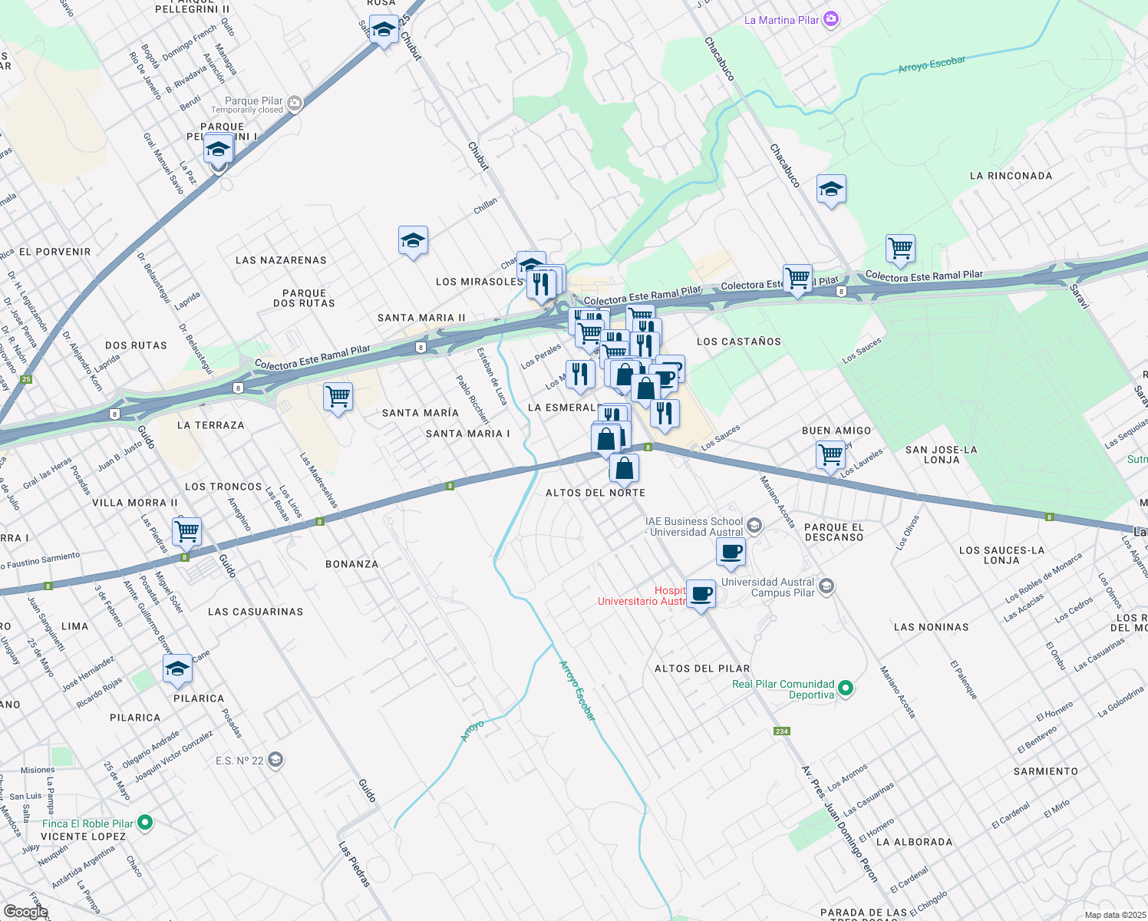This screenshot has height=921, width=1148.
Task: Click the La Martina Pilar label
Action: [x=782, y=20]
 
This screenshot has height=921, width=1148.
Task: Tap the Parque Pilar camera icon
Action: [x=294, y=103]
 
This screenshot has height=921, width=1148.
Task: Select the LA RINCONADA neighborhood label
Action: [x=1011, y=176]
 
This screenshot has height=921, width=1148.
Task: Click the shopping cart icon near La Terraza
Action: [x=338, y=397]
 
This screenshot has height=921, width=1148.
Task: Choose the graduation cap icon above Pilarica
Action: [x=177, y=668]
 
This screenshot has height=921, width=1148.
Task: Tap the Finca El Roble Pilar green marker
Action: [x=144, y=823]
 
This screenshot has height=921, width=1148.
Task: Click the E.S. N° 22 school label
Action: [x=239, y=761]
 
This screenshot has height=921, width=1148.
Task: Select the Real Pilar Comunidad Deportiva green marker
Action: [x=846, y=688]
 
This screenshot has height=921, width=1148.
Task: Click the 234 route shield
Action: [x=781, y=731]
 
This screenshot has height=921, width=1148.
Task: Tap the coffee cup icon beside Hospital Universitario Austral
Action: [x=701, y=593]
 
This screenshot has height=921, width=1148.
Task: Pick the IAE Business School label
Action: [x=694, y=527]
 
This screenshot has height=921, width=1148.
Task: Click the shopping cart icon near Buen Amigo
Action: [x=831, y=454]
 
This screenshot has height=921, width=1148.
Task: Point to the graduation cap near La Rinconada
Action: [x=831, y=189]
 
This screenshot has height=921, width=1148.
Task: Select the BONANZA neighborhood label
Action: [x=351, y=564]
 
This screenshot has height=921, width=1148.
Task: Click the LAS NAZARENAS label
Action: [x=281, y=260]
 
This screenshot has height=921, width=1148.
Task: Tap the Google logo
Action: [x=25, y=912]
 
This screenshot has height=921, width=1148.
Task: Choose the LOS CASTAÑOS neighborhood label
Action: [x=738, y=342]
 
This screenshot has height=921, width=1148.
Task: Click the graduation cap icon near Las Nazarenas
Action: [x=413, y=240]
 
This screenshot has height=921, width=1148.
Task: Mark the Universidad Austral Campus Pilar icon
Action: [x=826, y=587]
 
